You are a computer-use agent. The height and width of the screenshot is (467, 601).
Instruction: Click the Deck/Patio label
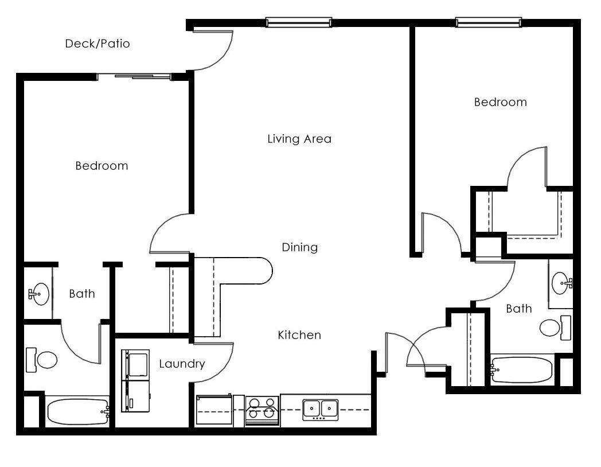[x=97, y=44]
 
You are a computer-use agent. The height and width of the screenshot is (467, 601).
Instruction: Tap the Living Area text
[x=299, y=139]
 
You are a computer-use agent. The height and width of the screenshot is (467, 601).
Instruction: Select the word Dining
[x=299, y=247]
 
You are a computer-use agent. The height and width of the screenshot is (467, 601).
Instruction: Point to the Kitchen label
[x=299, y=335]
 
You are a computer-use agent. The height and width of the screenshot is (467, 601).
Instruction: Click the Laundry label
[x=182, y=364]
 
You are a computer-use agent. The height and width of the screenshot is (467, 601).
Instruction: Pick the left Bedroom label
[x=102, y=166]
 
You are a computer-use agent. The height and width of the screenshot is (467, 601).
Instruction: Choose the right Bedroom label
[x=500, y=103]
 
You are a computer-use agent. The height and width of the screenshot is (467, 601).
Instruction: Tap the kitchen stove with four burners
[x=262, y=410]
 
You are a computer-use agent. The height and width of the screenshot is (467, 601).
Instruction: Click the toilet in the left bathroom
[x=42, y=360]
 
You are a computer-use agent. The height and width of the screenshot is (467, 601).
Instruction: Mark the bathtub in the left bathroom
[x=77, y=412]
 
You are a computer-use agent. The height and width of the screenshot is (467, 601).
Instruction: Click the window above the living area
[x=298, y=23]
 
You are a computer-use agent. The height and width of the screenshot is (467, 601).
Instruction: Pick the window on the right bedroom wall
[x=489, y=23]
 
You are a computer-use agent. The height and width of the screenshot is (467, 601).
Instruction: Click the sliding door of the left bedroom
[x=135, y=76]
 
